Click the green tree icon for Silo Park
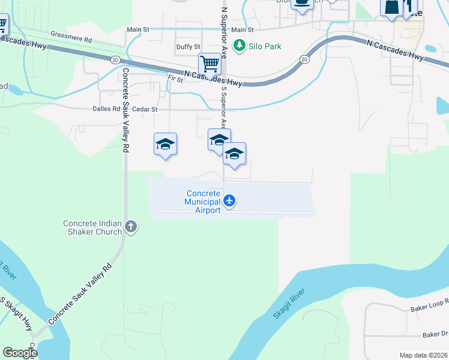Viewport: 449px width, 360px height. (240, 46)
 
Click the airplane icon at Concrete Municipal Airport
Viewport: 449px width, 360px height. (229, 200)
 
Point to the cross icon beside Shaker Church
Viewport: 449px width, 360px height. (131, 227)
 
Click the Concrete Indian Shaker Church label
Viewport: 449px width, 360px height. (93, 228)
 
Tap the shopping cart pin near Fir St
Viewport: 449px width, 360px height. (209, 64)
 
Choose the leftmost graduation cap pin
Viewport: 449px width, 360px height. (165, 145)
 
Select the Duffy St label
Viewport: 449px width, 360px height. (188, 47)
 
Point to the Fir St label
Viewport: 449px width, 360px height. (175, 79)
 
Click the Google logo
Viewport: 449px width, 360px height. (19, 353)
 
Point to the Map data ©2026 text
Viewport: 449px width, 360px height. (423, 355)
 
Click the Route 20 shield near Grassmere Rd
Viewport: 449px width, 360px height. (114, 59)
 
